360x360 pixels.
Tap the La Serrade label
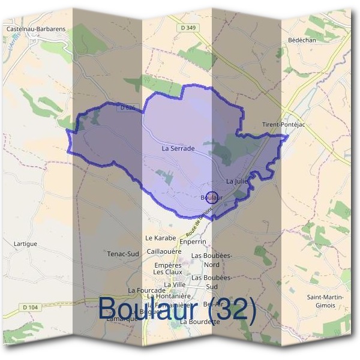coord(178,147)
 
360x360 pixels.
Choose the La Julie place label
coord(238,180)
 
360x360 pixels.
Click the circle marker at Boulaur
coord(211,196)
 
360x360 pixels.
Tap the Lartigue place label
coord(25,244)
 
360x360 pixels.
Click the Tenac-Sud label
coord(124,254)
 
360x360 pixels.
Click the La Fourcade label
coord(146,290)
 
